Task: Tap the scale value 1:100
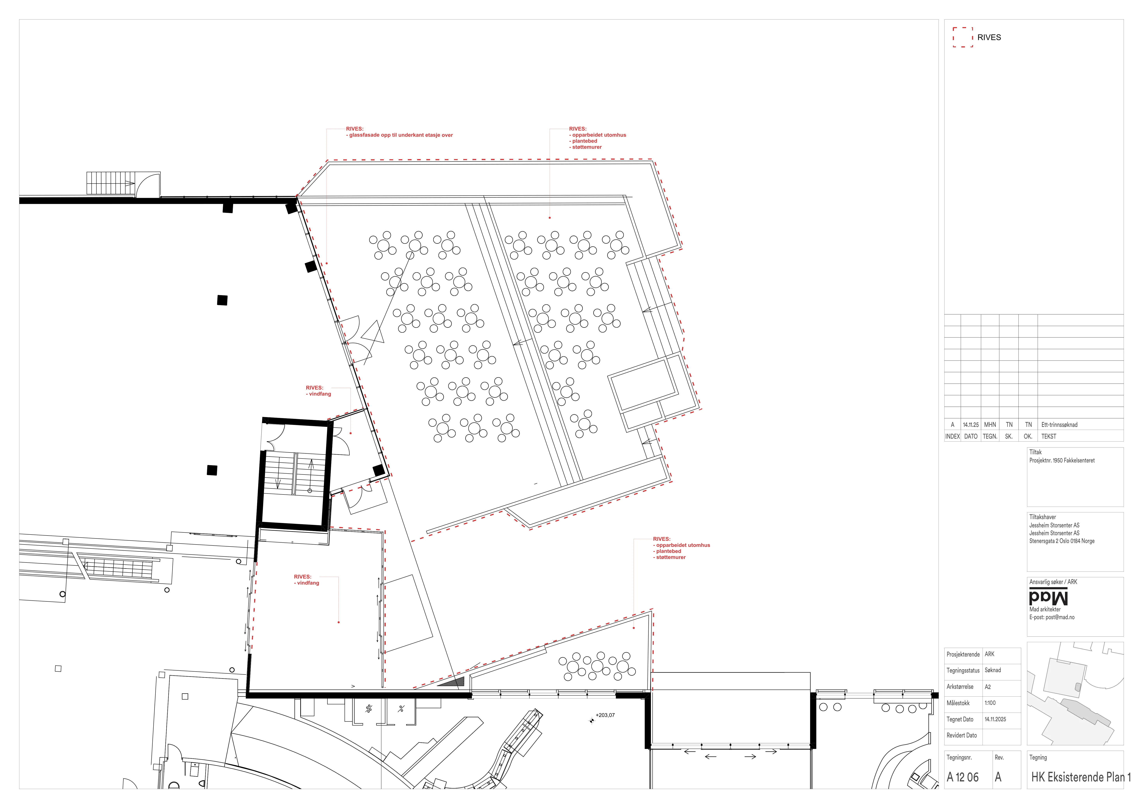click(990, 703)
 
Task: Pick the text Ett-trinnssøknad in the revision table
click(1059, 425)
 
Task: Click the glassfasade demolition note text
click(401, 135)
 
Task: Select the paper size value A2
click(988, 686)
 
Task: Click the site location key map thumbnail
click(1075, 693)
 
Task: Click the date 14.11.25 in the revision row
click(971, 425)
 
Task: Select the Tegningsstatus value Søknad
click(993, 670)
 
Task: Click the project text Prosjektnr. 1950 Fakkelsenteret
click(1062, 460)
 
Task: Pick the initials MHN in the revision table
click(990, 425)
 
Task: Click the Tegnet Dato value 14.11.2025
click(995, 719)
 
